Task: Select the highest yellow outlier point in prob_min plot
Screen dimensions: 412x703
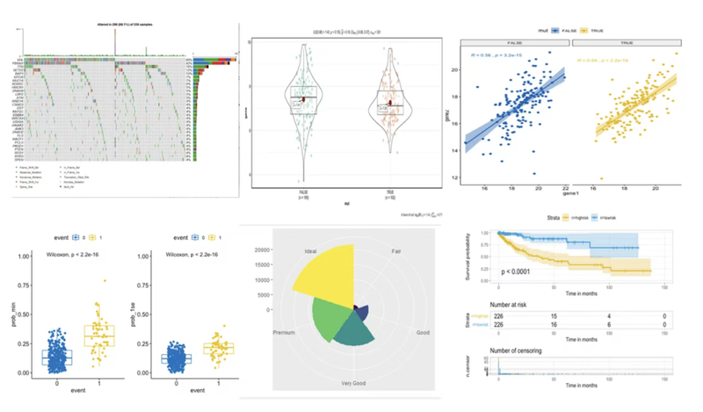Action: tap(105, 281)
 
